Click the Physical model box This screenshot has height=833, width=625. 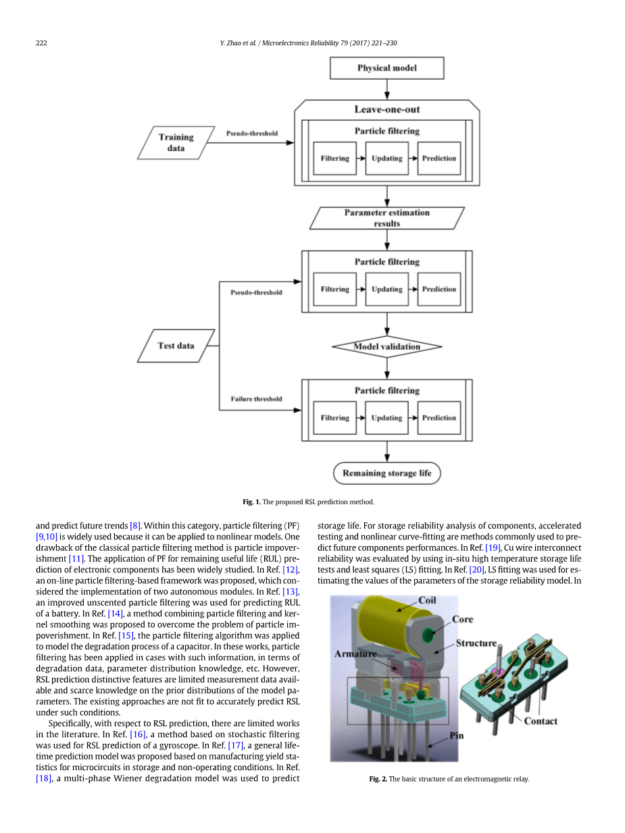(x=386, y=68)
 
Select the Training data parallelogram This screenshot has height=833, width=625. (x=176, y=142)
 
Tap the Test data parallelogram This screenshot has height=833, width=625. (x=176, y=346)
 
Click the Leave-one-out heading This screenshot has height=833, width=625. (x=387, y=109)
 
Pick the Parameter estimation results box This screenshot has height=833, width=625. (x=386, y=218)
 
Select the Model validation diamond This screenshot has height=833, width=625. (x=386, y=347)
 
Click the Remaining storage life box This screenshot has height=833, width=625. (x=386, y=473)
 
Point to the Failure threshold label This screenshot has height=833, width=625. (x=256, y=399)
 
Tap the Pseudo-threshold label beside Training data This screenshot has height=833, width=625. (x=251, y=134)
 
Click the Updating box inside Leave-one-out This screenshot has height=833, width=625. (x=386, y=159)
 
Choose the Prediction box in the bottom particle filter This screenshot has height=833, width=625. (x=439, y=418)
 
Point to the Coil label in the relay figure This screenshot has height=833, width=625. (x=427, y=601)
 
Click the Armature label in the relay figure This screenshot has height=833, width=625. (x=355, y=654)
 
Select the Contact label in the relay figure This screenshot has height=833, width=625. (x=541, y=721)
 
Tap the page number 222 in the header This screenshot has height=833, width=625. (x=41, y=43)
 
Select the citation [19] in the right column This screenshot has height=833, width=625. (x=493, y=547)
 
